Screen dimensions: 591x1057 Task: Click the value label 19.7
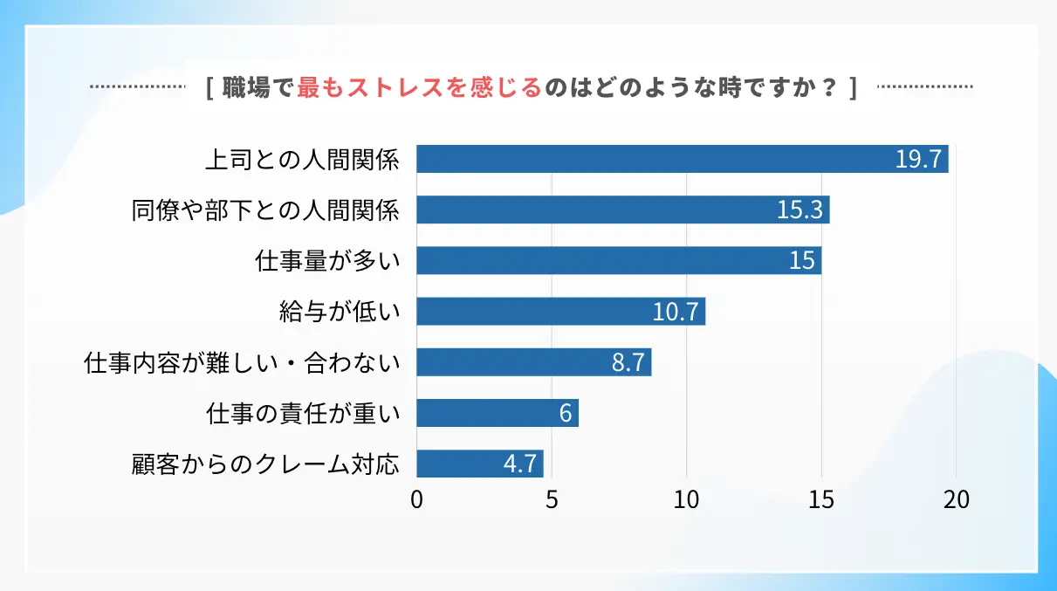point(917,160)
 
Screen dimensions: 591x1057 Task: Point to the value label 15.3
point(800,210)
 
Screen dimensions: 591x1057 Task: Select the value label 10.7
point(676,312)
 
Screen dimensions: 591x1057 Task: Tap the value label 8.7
point(628,362)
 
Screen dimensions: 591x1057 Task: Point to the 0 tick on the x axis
point(416,500)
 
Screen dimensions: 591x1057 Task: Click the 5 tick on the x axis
point(552,500)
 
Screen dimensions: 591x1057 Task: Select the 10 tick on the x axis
point(687,500)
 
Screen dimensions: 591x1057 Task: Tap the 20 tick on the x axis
point(957,500)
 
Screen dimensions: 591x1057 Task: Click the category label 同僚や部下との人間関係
point(265,210)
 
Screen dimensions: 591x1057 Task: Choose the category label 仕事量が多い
point(327,261)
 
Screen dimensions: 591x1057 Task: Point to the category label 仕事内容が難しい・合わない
point(242,362)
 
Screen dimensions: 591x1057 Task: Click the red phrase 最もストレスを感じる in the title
point(419,88)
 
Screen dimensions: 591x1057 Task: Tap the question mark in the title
point(829,88)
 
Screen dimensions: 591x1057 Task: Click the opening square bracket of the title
point(210,88)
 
